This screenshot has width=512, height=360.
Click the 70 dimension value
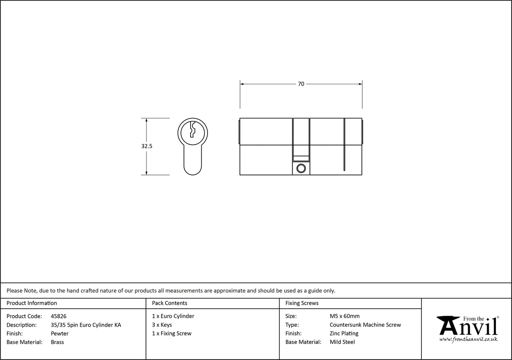point(301,84)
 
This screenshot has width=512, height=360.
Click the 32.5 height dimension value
point(147,146)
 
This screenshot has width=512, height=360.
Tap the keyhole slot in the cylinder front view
point(192,130)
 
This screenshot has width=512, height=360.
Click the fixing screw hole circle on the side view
point(301,169)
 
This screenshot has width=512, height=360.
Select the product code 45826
point(58,316)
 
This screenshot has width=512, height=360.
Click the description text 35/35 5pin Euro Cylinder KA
point(86,325)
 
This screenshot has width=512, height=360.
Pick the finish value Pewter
point(59,333)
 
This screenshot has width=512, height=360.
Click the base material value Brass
point(57,342)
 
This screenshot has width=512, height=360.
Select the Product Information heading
point(32,303)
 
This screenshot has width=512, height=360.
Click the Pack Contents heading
point(170,303)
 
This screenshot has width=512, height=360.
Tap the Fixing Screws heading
point(302,303)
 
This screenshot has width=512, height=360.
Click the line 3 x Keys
point(162,325)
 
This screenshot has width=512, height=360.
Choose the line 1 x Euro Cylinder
point(173,316)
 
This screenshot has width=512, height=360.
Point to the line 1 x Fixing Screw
point(172,333)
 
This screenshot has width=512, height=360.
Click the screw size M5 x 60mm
point(345,316)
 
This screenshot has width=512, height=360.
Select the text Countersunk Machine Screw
point(365,325)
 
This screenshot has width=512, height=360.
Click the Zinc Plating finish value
point(344,333)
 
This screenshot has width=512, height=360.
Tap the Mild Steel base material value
point(342,342)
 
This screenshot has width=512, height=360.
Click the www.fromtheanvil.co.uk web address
point(468,339)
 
